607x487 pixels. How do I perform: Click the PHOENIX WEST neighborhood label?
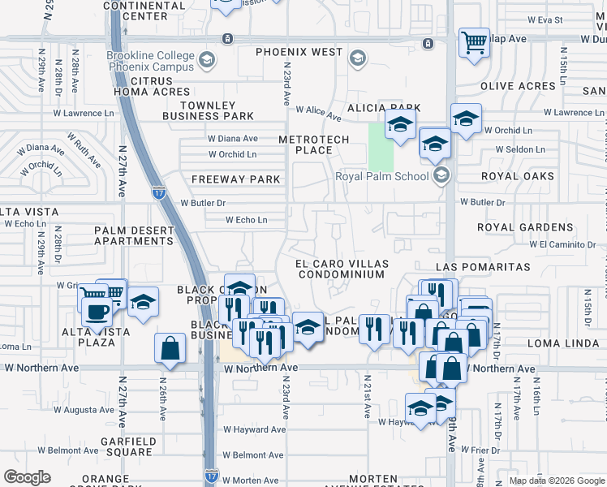click(299, 52)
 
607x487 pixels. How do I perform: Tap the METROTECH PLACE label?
click(313, 144)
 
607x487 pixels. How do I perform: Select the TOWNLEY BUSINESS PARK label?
click(209, 110)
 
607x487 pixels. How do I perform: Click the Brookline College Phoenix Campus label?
click(150, 62)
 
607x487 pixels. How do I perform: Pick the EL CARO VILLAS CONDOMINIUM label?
click(341, 269)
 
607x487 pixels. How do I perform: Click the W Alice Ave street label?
click(318, 110)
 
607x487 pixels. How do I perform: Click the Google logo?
click(27, 477)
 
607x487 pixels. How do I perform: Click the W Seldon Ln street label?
click(514, 149)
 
